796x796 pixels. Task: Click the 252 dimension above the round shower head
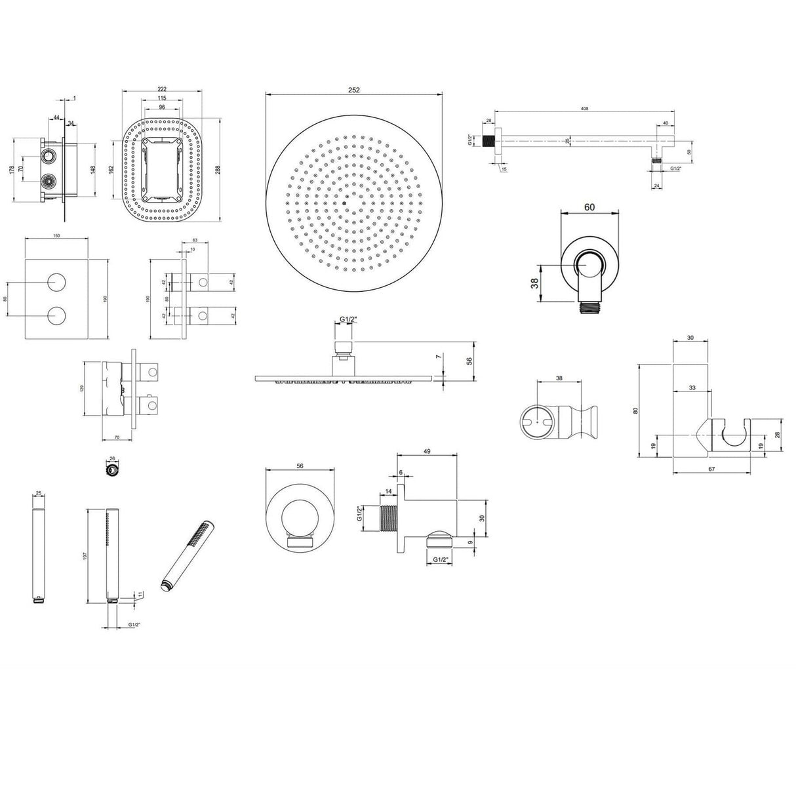tap(354, 90)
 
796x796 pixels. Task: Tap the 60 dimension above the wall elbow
tap(589, 207)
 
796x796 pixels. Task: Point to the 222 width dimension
tap(161, 89)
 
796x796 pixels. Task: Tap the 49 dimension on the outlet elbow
tap(427, 451)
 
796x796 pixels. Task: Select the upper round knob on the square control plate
tap(58, 283)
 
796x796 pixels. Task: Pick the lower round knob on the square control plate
tap(58, 315)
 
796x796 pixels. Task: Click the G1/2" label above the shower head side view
tap(348, 319)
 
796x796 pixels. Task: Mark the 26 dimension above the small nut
tap(111, 458)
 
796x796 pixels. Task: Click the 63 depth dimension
tap(195, 241)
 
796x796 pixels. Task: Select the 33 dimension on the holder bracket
tap(692, 388)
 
